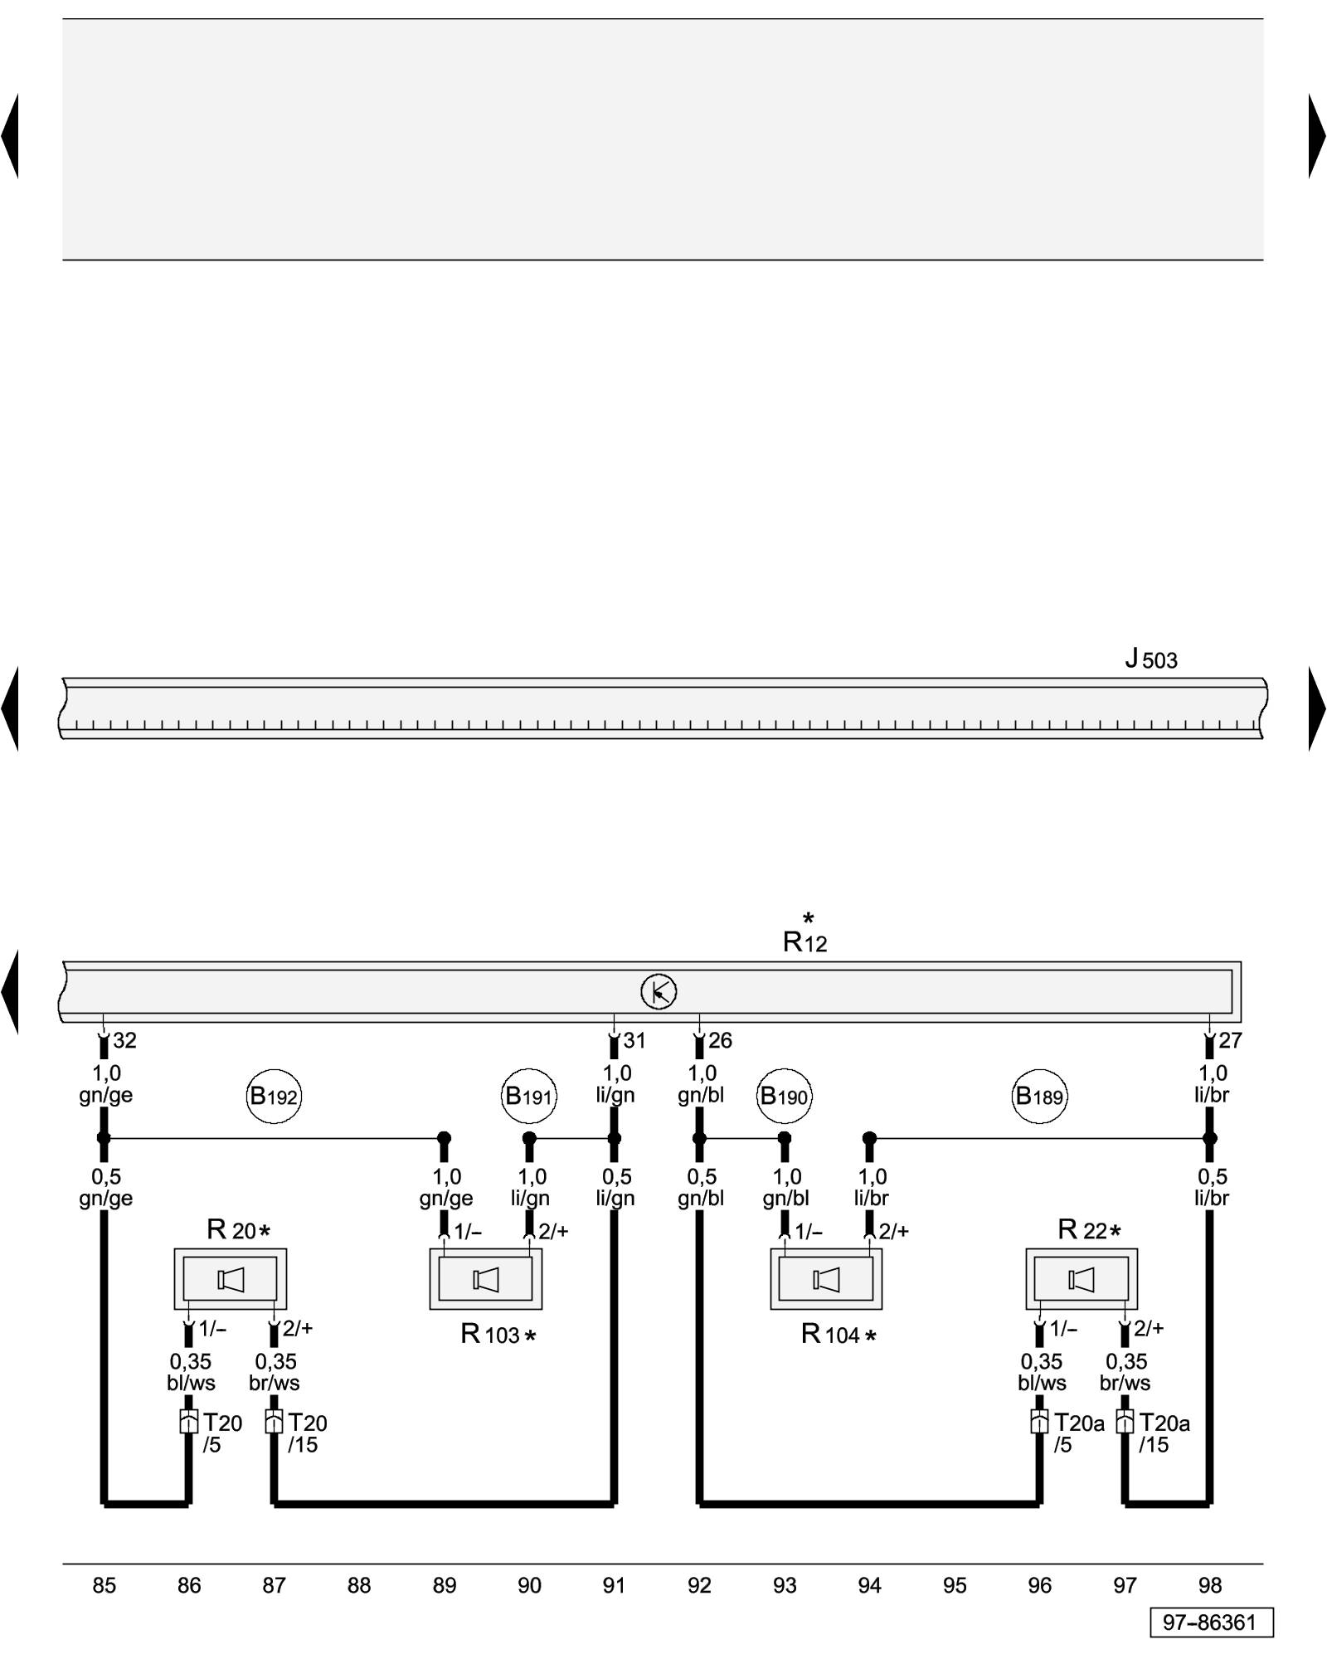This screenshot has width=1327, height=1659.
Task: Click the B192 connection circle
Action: [274, 1097]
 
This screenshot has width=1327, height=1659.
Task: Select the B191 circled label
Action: [529, 1097]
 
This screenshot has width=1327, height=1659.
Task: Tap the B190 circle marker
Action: [785, 1097]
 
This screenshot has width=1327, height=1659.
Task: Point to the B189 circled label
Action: [1040, 1097]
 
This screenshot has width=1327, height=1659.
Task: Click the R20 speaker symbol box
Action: [231, 1280]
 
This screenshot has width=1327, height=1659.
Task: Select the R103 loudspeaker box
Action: [486, 1280]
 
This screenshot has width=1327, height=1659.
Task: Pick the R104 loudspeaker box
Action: [826, 1280]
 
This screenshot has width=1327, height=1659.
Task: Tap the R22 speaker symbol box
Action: [1082, 1280]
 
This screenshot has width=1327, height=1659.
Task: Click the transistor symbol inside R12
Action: [659, 992]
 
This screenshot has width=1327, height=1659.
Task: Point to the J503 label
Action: [1151, 659]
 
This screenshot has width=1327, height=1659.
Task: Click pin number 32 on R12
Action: [124, 1041]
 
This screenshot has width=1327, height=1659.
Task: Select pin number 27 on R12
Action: [1230, 1041]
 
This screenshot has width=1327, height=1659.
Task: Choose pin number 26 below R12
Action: [720, 1041]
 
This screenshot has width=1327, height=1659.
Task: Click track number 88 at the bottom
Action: [359, 1586]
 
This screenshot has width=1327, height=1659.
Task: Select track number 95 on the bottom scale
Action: [955, 1586]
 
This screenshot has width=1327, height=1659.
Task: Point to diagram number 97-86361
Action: [1210, 1623]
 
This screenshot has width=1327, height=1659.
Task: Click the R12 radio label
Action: [805, 941]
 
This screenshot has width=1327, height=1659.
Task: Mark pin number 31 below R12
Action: [634, 1041]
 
